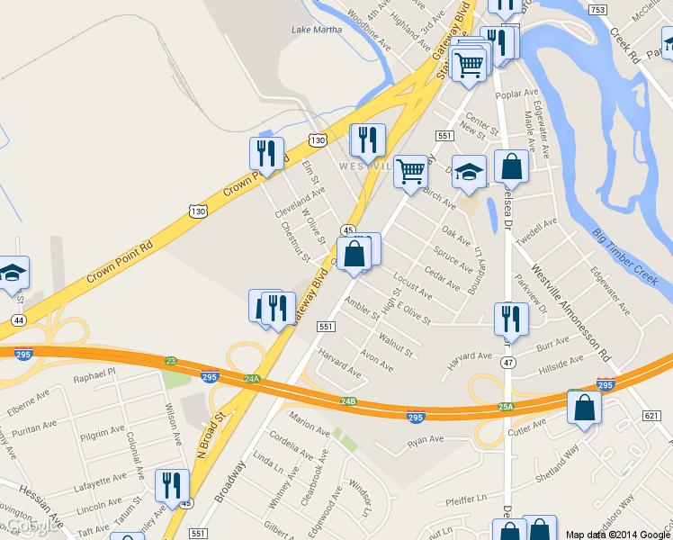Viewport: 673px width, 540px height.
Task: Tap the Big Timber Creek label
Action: (620, 256)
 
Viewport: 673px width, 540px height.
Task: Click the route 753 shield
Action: (597, 9)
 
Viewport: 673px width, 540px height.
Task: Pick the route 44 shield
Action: (18, 319)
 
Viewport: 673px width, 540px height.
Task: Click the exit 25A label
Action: (507, 407)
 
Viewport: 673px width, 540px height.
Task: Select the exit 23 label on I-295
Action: (171, 361)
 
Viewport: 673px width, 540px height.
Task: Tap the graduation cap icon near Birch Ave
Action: (468, 173)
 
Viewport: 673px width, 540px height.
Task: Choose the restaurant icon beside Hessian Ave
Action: (171, 486)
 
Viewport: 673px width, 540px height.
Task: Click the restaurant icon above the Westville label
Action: (367, 140)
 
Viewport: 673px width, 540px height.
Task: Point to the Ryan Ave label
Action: (426, 441)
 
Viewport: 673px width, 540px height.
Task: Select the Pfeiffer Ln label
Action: (465, 497)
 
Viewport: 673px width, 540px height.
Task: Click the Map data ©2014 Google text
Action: (618, 535)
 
